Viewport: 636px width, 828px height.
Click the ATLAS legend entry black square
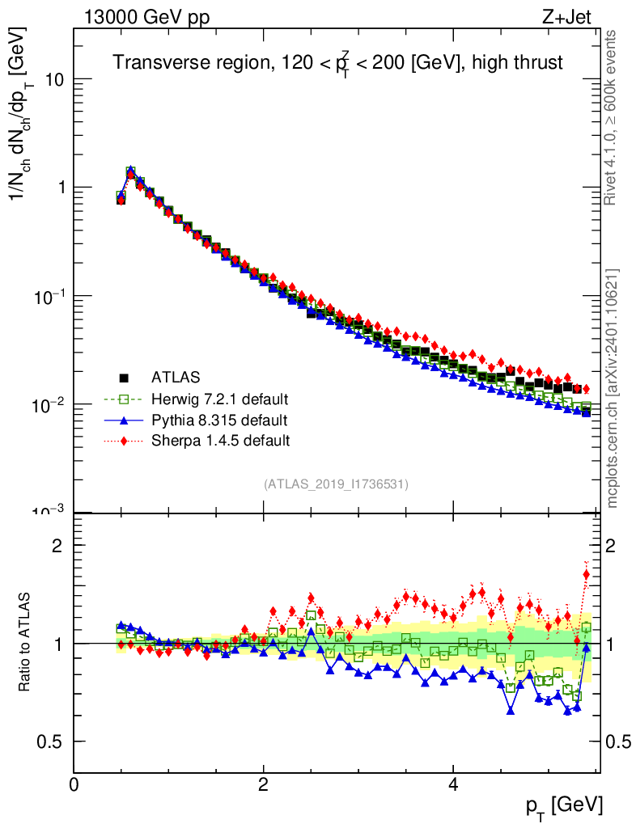coord(124,377)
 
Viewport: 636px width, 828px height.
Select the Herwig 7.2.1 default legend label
coord(220,399)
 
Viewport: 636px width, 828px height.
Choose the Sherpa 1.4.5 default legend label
coord(220,441)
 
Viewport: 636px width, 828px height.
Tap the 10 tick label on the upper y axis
coord(53,79)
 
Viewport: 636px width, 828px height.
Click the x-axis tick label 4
coord(453,785)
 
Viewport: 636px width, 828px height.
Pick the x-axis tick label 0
coord(74,785)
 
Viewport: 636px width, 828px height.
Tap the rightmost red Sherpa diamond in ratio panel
coord(587,574)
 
